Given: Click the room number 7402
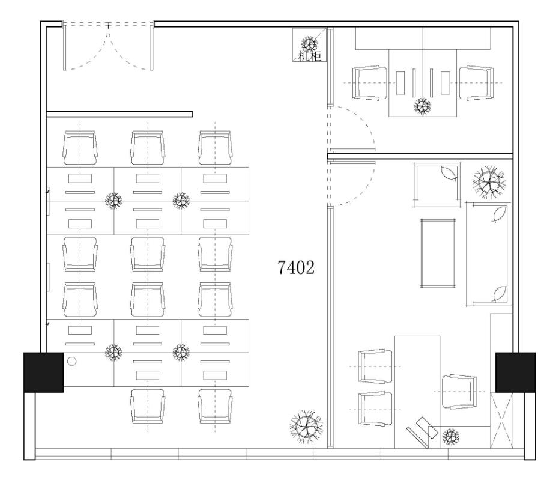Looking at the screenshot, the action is pos(296,267).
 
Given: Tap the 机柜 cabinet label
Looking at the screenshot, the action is pos(310,56).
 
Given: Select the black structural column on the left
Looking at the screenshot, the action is pos(43,372).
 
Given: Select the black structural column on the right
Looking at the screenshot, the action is pos(516,372).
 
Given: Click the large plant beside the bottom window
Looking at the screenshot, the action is pos(307,427).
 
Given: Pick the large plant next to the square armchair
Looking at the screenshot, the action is pos(489,182).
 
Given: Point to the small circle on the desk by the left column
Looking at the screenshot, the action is pos(71,362).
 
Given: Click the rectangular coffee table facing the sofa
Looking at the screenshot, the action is pos(438,253).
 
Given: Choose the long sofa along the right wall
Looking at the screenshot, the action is pos(488,254).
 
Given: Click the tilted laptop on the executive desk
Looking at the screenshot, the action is pos(423,432).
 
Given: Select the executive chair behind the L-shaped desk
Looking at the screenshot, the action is pos(459,392).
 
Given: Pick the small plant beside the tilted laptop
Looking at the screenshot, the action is pos(450,436).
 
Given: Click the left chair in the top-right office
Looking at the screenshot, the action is pos(370,83).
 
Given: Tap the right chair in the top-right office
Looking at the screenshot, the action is pos(476,83).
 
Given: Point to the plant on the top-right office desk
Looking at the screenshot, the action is pos(423,106).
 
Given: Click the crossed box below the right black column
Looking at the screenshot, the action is pos(501,421).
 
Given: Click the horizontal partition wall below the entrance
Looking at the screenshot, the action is pos(119,114).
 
